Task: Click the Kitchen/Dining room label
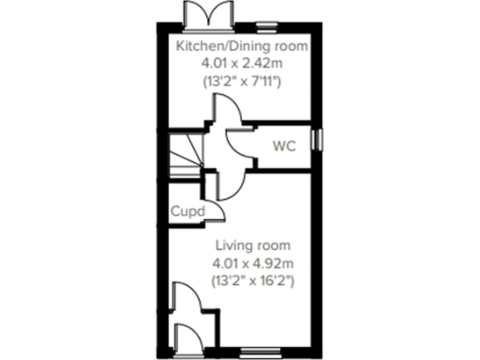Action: [242, 46]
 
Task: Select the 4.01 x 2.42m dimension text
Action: [242, 64]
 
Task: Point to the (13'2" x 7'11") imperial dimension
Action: [242, 82]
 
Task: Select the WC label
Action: [285, 145]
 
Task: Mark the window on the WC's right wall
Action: [317, 139]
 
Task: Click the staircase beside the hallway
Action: [186, 150]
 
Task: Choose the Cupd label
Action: [188, 212]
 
